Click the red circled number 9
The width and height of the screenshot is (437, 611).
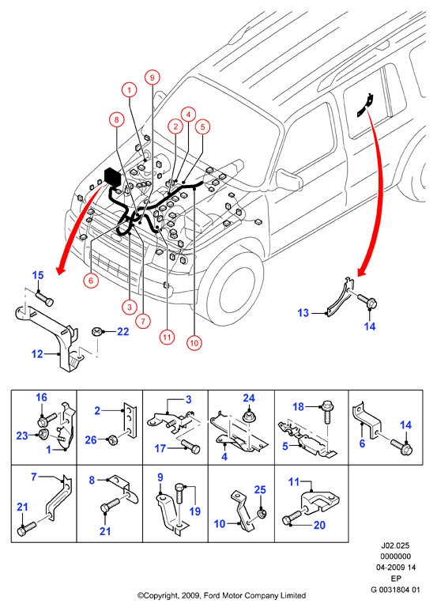point(153,77)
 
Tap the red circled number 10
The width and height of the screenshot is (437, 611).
point(194,343)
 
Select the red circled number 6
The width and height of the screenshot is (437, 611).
point(91,281)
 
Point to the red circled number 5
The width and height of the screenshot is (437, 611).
point(202,126)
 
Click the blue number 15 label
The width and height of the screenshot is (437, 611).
point(38,275)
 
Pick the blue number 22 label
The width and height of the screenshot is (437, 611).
point(122,332)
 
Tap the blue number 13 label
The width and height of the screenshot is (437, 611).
point(303,312)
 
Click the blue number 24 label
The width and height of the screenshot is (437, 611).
point(249,398)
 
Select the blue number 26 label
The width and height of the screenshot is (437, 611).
point(91,440)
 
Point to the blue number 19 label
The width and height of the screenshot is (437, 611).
point(194,511)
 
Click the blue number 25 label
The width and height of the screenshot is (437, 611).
point(260,490)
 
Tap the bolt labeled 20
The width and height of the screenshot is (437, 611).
point(293,517)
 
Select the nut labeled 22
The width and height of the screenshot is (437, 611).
point(96,332)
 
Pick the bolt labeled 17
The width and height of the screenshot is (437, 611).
point(191,446)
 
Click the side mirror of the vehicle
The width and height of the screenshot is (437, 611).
point(289,179)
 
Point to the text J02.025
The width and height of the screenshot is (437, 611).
point(395,545)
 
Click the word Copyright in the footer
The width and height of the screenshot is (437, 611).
point(160,596)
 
